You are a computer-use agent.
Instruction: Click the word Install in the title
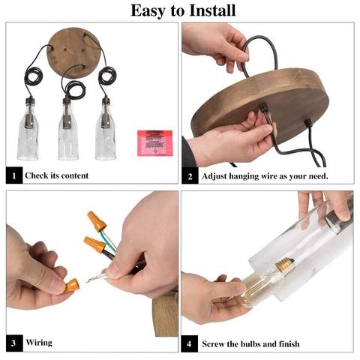click(x=212, y=10)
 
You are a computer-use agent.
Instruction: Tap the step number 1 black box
click(x=14, y=175)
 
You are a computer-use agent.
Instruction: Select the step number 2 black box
click(x=190, y=175)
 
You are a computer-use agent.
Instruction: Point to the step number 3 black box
click(x=14, y=343)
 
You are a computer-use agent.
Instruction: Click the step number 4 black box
click(x=190, y=343)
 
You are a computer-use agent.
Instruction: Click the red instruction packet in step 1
click(x=154, y=143)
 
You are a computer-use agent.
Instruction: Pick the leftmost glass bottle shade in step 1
click(x=28, y=129)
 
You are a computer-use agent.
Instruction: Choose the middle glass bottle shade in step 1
click(x=68, y=129)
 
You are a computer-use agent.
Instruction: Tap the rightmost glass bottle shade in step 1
click(x=106, y=129)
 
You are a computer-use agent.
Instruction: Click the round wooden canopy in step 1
click(x=73, y=52)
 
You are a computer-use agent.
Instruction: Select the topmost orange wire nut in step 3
click(x=97, y=221)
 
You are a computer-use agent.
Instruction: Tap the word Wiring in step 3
click(x=39, y=342)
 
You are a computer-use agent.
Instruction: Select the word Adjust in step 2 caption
click(x=214, y=176)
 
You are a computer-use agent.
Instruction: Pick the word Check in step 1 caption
click(x=37, y=175)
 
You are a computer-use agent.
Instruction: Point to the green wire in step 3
click(x=108, y=241)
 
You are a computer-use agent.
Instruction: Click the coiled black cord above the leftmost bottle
click(x=33, y=76)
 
